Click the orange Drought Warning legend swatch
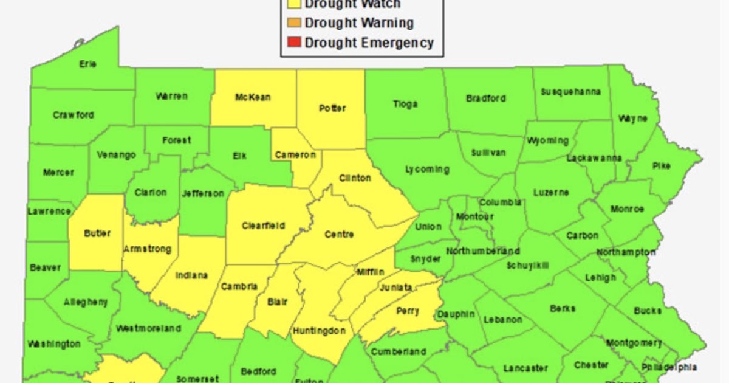point(293,23)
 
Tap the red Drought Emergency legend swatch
point(293,43)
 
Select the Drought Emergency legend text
point(369,43)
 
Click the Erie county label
point(88,64)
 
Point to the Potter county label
point(332,109)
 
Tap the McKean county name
point(253,97)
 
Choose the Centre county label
point(339,235)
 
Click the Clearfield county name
point(264,226)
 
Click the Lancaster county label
point(525,368)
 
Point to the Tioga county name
point(405,104)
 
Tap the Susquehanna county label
point(571,92)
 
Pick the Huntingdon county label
point(319,331)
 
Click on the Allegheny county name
point(85,302)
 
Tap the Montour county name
point(474,216)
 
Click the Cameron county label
point(295,155)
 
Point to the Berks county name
point(563,309)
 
